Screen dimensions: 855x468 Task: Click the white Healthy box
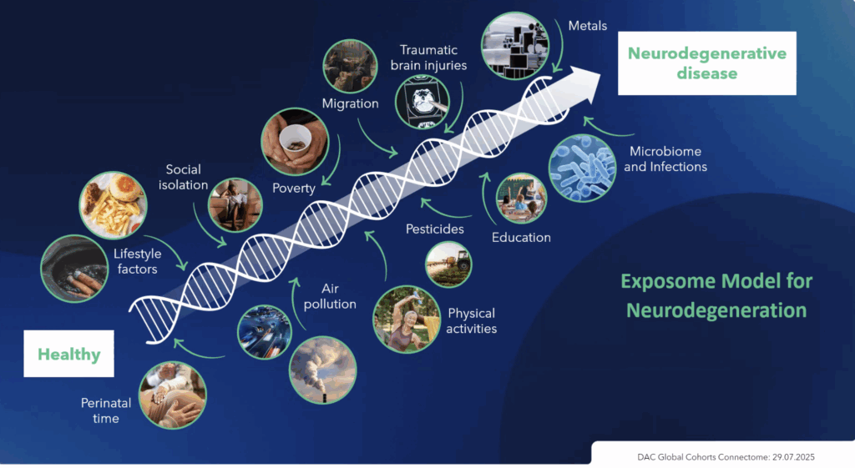68,354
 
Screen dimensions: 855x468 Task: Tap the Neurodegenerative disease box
706,63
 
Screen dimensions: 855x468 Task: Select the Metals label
587,26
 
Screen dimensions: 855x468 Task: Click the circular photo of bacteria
582,168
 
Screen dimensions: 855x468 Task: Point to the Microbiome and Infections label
665,159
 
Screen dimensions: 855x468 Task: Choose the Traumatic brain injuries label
428,58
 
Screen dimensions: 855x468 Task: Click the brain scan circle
422,102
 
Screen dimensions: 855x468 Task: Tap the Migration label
350,103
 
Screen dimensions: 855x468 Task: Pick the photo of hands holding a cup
295,141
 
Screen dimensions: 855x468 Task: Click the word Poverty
294,188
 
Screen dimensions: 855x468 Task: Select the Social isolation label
183,177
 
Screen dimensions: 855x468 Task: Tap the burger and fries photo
113,205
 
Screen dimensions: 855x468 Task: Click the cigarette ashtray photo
74,269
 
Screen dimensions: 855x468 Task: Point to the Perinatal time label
106,410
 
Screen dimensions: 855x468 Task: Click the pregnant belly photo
173,395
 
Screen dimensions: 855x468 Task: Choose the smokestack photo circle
323,370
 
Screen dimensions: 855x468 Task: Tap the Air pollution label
330,296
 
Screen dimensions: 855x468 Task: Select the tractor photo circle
448,264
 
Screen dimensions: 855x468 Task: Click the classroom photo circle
521,199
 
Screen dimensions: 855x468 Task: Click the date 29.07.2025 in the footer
793,457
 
